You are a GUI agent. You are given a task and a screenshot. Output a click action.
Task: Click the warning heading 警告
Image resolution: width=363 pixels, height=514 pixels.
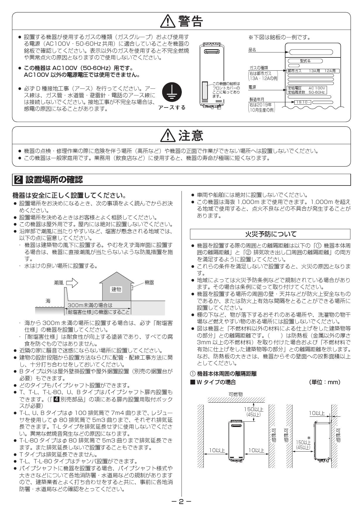tap(190, 21)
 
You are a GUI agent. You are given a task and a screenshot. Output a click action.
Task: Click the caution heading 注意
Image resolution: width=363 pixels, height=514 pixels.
tap(190, 135)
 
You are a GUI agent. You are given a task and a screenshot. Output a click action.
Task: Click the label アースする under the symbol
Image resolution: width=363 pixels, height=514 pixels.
tap(172, 108)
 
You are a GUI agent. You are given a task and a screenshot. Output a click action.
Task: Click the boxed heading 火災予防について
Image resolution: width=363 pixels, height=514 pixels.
tap(270, 234)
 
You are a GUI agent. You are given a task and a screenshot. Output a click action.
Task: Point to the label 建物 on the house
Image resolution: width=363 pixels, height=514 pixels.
tap(116, 290)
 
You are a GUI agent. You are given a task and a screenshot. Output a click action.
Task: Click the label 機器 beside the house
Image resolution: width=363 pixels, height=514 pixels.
tap(149, 282)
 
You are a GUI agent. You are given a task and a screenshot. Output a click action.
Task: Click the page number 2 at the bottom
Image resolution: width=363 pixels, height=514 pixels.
tap(181, 502)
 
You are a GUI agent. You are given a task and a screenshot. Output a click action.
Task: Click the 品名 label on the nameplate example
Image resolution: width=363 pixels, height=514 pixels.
tap(252, 50)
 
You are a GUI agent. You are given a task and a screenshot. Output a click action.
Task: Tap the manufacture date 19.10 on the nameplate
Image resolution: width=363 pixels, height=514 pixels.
tap(300, 102)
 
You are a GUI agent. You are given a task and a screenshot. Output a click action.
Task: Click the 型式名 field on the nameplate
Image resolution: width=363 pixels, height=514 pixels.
tap(305, 61)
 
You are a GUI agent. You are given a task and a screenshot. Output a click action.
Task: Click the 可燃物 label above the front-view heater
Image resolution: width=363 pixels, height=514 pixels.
tap(236, 394)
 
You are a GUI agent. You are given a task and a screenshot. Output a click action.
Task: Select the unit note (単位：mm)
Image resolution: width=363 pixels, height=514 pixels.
tap(325, 382)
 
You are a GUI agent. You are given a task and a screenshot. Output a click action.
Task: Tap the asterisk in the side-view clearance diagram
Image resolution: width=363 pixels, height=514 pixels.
tap(309, 438)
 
